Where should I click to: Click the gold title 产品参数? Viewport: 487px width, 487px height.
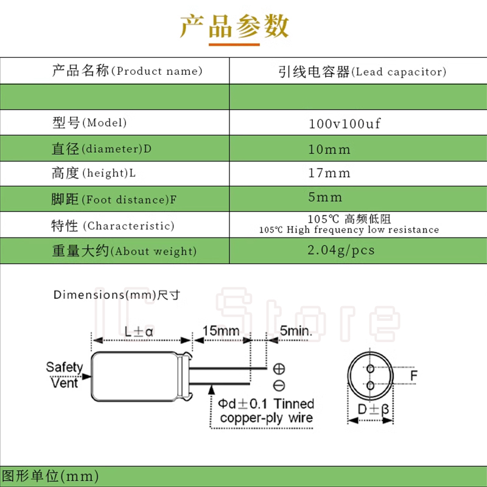(234, 26)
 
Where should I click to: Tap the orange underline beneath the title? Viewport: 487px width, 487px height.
(234, 44)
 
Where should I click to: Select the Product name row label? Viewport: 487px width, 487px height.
(127, 71)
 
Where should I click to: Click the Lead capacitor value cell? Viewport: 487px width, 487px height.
(362, 72)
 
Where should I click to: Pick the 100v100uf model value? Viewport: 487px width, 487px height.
(345, 124)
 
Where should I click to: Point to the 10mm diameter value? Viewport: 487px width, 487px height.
(329, 149)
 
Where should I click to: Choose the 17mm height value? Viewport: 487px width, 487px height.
(329, 173)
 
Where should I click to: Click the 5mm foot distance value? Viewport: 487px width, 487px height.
(325, 197)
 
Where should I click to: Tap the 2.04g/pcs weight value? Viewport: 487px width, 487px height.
(341, 250)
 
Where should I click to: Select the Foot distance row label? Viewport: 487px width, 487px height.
(114, 199)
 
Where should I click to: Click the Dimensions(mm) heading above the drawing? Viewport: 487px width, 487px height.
(117, 295)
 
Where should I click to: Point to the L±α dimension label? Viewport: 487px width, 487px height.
(139, 332)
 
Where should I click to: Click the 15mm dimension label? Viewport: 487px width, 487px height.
(221, 331)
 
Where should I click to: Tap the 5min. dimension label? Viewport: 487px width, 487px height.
(296, 331)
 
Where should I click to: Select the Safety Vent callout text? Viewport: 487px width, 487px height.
(65, 375)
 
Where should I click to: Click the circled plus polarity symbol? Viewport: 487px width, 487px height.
(279, 369)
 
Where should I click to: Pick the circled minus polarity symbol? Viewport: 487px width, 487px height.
(279, 385)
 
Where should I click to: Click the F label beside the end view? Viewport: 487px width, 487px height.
(414, 376)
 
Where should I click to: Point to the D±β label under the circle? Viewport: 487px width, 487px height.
(373, 409)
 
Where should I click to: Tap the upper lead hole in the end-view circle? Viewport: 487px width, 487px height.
(370, 369)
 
